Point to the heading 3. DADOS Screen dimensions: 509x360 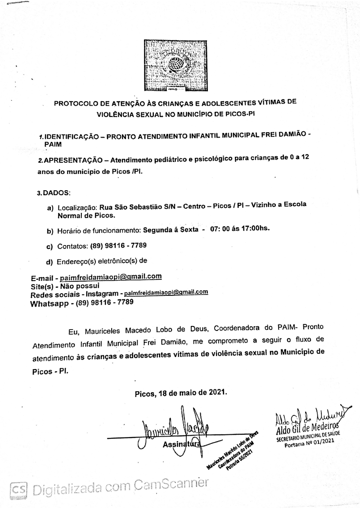54,193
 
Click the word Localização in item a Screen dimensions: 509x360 76,209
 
